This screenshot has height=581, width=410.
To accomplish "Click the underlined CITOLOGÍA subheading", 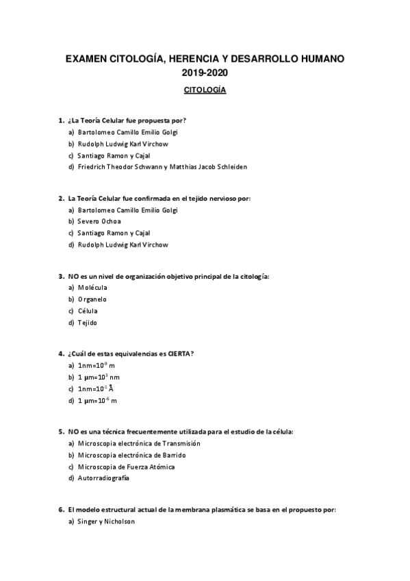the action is point(205,90).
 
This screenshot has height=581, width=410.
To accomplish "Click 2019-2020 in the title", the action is point(205,72).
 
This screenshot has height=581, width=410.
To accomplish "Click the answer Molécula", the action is point(92,288).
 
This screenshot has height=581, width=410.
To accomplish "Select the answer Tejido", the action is point(88,322).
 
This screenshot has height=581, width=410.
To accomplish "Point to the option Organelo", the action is point(92,299).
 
